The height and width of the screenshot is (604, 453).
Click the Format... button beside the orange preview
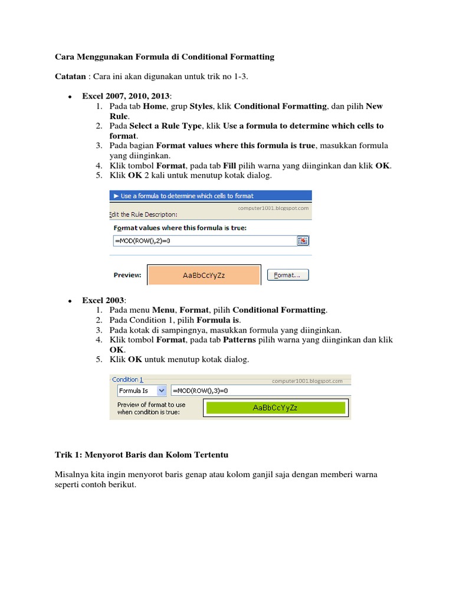click(x=288, y=275)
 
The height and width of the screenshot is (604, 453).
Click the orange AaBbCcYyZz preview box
click(x=204, y=275)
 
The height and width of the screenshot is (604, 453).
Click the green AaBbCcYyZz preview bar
click(x=274, y=408)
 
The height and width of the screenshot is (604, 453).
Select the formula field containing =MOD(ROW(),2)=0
click(x=203, y=241)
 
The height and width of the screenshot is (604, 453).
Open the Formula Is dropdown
click(x=161, y=390)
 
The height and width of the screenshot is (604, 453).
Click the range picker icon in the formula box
click(x=303, y=241)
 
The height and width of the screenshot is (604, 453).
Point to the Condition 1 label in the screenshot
click(x=127, y=380)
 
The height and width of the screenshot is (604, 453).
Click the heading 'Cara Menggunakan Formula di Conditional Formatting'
click(x=165, y=57)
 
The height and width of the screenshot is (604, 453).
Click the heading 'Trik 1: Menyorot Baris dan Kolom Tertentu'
click(x=142, y=455)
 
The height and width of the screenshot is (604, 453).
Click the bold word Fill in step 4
click(x=229, y=166)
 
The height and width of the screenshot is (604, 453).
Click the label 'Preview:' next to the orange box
click(x=127, y=275)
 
